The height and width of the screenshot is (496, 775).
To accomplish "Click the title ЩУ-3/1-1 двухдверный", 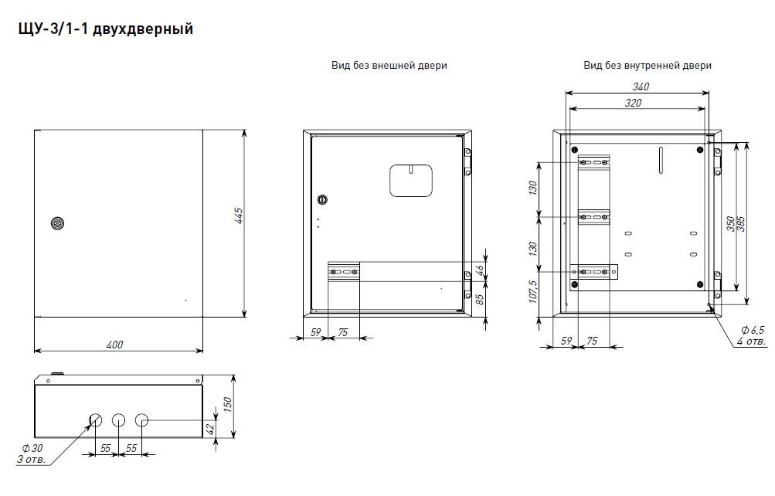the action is tap(105, 29).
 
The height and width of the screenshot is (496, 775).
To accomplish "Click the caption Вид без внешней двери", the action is tap(389, 65).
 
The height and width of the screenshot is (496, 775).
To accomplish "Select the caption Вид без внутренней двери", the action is tap(648, 65).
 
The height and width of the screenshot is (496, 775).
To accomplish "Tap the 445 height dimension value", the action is tap(239, 216).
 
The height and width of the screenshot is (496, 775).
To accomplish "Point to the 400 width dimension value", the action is tap(114, 345).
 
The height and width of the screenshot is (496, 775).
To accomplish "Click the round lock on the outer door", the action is tap(58, 223).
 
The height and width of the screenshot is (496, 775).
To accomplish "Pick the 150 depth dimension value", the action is tap(227, 405).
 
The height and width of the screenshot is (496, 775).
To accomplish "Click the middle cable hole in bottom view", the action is tap(119, 420).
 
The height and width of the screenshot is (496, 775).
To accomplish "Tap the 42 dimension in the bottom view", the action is tap(210, 429).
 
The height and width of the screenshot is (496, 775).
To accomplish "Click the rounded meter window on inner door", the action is tap(411, 180).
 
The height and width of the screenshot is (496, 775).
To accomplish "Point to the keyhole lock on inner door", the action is tap(322, 199).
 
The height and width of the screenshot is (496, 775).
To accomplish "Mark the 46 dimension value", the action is tap(479, 270).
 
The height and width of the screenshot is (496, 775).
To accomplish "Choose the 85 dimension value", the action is tap(479, 299).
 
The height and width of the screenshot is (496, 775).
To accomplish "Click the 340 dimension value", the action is tap(641, 87).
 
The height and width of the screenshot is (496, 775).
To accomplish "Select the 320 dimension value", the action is tap(633, 103).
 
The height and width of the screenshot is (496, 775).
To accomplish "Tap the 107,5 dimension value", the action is tap(533, 291).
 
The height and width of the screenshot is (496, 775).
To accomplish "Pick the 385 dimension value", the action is tap(742, 224).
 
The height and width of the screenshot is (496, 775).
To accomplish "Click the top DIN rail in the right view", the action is tap(593, 162).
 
